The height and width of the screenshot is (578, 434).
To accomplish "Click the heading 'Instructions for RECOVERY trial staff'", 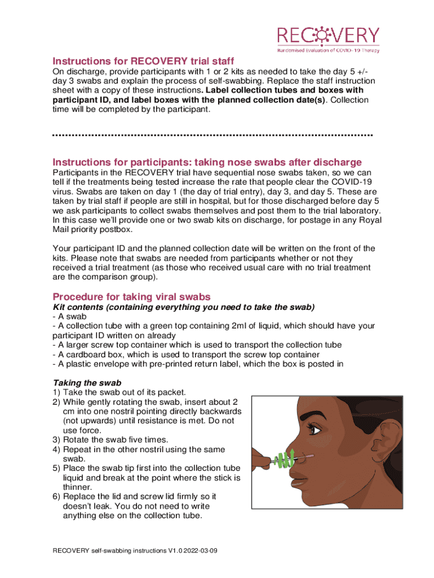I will [x=143, y=61].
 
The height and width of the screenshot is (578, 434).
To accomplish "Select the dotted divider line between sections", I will [x=212, y=135].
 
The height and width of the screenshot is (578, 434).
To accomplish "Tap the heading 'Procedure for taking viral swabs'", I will [x=131, y=297].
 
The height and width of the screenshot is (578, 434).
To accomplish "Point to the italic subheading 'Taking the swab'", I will [x=87, y=383].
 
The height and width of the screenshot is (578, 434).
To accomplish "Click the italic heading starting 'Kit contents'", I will [x=183, y=307].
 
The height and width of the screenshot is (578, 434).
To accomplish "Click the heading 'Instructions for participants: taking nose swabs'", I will [x=207, y=162].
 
